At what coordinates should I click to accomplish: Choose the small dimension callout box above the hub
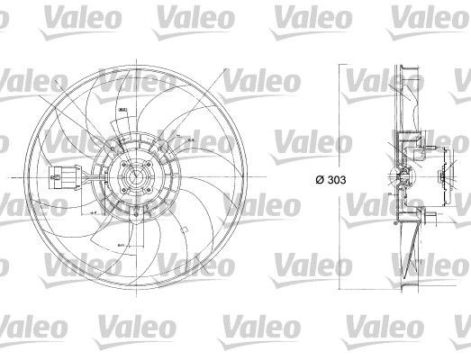tap(122, 110)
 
